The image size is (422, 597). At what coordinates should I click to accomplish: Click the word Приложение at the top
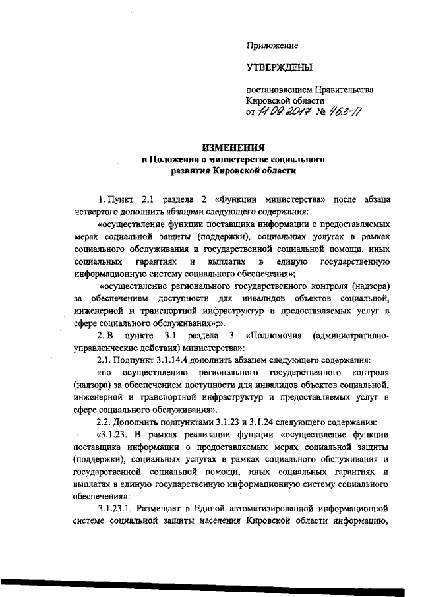tap(272, 46)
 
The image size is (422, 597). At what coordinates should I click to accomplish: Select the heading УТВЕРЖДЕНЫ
tap(279, 67)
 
